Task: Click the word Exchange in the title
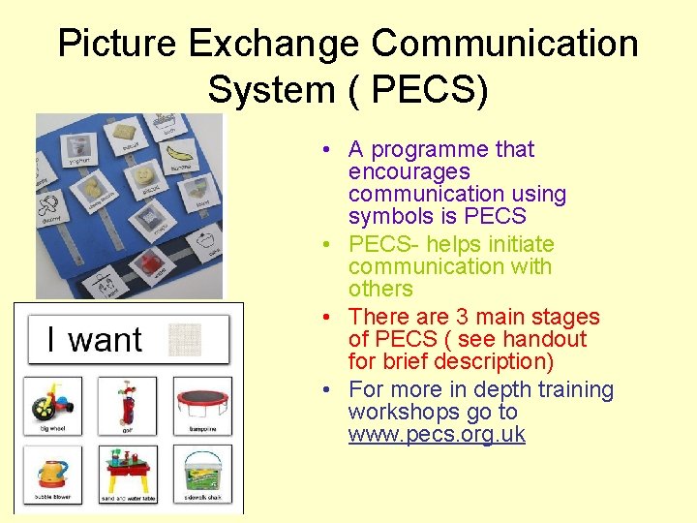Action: point(272,44)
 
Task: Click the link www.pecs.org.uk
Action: point(437,434)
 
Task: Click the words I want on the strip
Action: point(94,340)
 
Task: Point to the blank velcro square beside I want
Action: point(186,339)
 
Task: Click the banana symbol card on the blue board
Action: point(179,154)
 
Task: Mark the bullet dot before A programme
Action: point(330,150)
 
